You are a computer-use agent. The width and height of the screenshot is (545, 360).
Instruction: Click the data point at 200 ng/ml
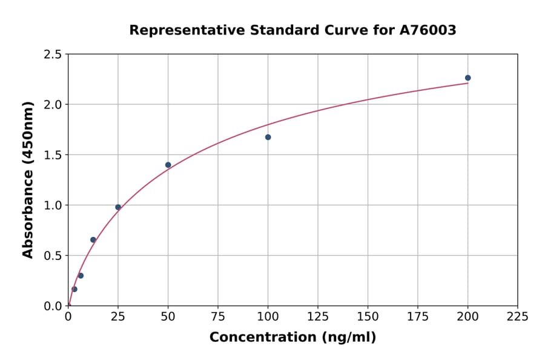point(467,78)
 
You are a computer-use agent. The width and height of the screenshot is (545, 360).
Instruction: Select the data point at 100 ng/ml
point(268,137)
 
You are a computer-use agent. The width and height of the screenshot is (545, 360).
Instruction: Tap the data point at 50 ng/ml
point(168,165)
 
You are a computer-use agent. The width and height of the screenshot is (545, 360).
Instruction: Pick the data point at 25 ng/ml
point(118,207)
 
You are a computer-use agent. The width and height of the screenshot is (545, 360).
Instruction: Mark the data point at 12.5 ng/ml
point(93,239)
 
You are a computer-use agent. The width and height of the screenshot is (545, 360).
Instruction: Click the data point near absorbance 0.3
point(81,275)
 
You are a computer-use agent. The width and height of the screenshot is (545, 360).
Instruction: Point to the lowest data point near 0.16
point(74,289)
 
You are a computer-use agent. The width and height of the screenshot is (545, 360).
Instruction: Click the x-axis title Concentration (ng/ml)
point(292,338)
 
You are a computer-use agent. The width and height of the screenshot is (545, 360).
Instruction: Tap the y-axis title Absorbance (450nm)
point(28,179)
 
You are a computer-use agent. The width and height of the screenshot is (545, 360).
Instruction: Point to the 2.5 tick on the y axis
point(52,55)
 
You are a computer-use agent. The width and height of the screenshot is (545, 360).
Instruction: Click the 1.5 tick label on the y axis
point(52,155)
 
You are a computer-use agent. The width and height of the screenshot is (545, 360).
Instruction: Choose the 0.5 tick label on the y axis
point(52,256)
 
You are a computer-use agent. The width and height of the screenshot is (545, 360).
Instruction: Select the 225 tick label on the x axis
point(517,316)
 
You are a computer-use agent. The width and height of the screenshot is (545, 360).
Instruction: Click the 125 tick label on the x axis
point(317,316)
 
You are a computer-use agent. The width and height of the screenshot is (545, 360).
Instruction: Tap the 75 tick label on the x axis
point(218,316)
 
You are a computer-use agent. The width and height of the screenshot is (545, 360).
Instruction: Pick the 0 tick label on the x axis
point(68,316)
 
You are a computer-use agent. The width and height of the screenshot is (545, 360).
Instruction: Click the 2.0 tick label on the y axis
point(52,105)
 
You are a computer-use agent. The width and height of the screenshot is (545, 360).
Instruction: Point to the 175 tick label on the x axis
point(417,316)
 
